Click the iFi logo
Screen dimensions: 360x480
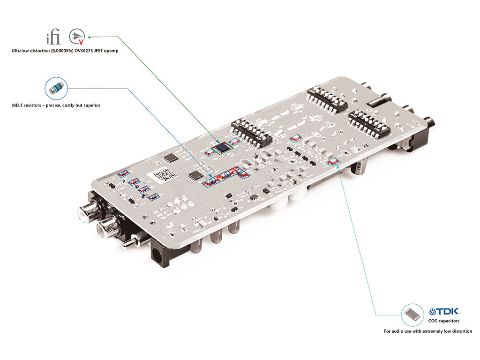pos(52,37)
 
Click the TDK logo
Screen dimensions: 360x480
pos(444,311)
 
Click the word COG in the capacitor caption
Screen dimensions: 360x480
pos(434,321)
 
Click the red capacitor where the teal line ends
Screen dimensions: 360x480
pos(334,162)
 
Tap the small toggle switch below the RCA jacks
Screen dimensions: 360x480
pos(132,242)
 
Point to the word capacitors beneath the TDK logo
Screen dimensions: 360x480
pos(450,321)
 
